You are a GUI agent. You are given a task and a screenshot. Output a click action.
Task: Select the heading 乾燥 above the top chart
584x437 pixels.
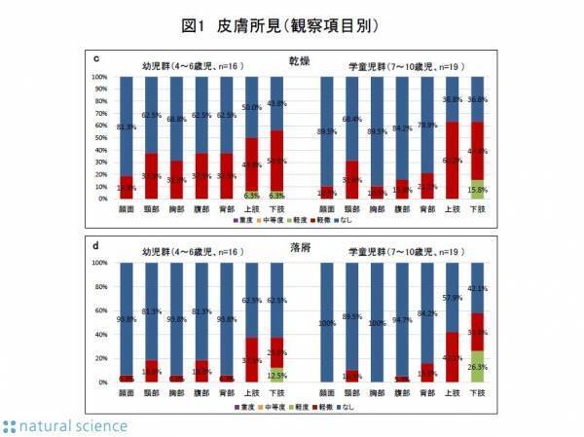coord(300,59)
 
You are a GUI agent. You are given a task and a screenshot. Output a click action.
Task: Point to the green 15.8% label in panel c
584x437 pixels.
coord(478,190)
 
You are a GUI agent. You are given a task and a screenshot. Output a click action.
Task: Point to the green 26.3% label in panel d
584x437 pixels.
coord(478,367)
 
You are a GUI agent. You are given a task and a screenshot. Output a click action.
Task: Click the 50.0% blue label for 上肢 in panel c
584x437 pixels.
coord(251,107)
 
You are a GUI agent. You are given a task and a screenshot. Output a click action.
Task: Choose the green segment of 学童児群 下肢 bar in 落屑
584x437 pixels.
coord(478,367)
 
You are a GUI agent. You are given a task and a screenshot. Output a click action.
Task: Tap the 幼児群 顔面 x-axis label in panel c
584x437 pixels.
coord(126,207)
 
